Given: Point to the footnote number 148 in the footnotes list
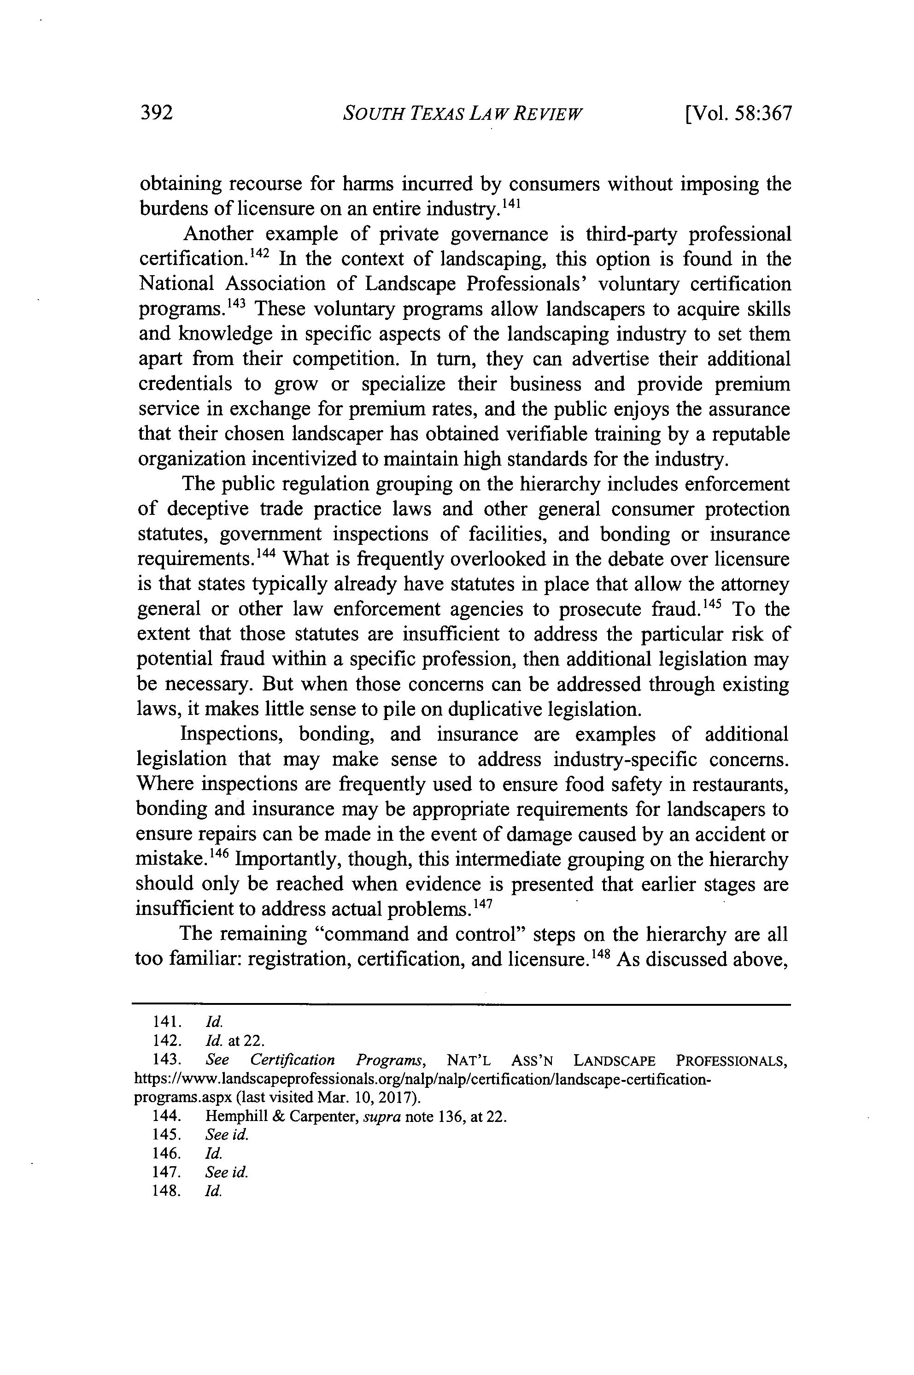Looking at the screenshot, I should [164, 1191].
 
